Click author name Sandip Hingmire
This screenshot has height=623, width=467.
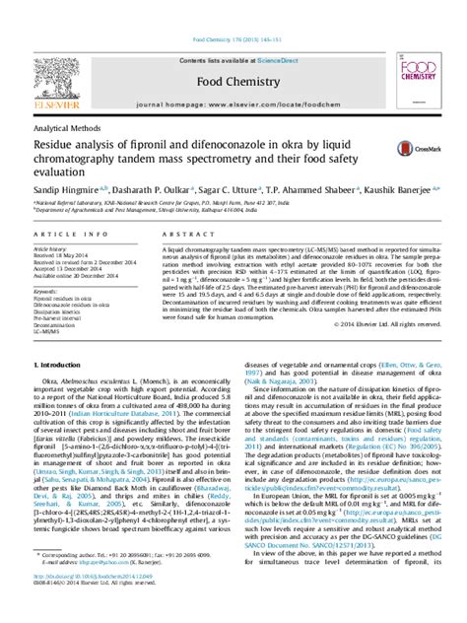(63, 186)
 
